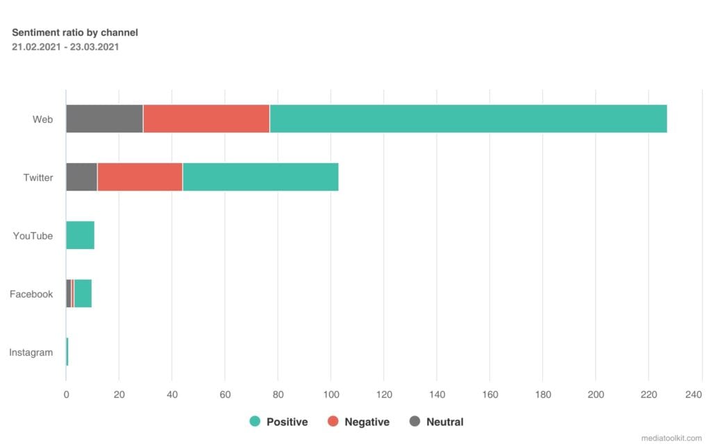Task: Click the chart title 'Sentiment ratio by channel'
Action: click(x=75, y=33)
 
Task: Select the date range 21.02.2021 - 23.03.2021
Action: click(x=65, y=47)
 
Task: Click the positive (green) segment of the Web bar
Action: click(x=468, y=119)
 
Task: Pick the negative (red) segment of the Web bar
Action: click(x=206, y=119)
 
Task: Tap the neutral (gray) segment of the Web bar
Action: click(x=104, y=119)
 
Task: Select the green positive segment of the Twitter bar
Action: click(x=260, y=177)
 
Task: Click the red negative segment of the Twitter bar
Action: click(x=140, y=177)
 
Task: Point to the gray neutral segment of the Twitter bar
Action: click(x=81, y=177)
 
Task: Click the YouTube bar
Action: click(x=80, y=236)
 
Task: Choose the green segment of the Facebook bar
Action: click(x=83, y=294)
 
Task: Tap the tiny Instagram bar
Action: click(x=67, y=352)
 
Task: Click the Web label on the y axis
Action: click(x=42, y=119)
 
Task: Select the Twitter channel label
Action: click(x=38, y=178)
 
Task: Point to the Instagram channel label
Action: click(x=31, y=352)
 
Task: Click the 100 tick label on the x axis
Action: click(x=331, y=395)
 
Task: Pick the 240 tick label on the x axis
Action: click(x=694, y=395)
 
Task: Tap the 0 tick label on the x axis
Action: click(x=66, y=395)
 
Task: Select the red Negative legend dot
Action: click(x=333, y=421)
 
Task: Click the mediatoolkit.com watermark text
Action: click(x=671, y=438)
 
